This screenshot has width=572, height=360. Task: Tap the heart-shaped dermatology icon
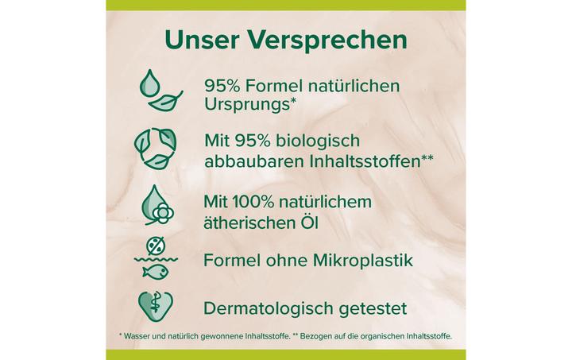(x=159, y=306)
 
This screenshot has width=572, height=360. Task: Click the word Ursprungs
(x=242, y=105)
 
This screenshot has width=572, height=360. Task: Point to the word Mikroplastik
(x=369, y=259)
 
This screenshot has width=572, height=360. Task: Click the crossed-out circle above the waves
(x=158, y=245)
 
